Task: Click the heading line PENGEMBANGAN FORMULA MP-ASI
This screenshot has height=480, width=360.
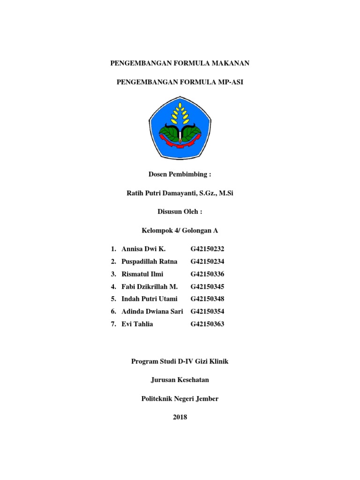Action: point(180,82)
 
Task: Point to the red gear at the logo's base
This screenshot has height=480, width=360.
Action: point(180,140)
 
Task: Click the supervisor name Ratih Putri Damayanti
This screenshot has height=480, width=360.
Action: point(163,193)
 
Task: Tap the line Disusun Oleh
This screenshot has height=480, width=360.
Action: point(180,212)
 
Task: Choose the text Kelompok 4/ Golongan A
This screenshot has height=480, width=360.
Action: point(180,231)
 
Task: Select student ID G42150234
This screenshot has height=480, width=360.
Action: point(208,262)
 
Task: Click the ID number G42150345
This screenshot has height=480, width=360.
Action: point(208,286)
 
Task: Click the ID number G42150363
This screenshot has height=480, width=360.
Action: point(208,324)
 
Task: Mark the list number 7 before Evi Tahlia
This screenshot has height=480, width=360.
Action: point(113,324)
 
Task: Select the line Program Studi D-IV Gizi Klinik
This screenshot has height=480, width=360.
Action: point(180,361)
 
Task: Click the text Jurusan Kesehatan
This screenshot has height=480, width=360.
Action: point(180,380)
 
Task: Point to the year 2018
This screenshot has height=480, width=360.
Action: point(180,417)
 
